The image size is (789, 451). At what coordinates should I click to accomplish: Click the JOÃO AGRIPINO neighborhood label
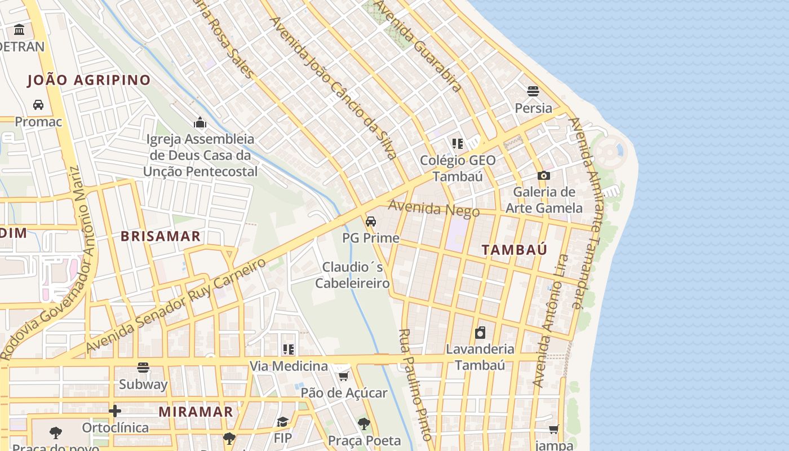pyautogui.click(x=89, y=80)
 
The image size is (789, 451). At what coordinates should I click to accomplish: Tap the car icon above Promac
pyautogui.click(x=38, y=104)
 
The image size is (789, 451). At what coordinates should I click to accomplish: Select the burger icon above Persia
pyautogui.click(x=533, y=91)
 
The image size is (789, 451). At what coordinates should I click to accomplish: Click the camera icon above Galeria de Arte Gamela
pyautogui.click(x=544, y=175)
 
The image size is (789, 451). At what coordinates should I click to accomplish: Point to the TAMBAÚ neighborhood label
pyautogui.click(x=514, y=250)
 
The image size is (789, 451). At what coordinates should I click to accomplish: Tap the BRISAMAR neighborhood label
pyautogui.click(x=161, y=236)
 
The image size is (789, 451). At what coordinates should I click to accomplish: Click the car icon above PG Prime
pyautogui.click(x=371, y=222)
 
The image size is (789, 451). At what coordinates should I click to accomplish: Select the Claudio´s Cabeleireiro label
pyautogui.click(x=352, y=275)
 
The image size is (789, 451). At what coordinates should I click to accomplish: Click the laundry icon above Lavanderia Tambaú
pyautogui.click(x=480, y=333)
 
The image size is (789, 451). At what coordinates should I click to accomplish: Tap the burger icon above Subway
pyautogui.click(x=143, y=368)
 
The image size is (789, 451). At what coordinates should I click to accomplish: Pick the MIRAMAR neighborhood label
pyautogui.click(x=196, y=412)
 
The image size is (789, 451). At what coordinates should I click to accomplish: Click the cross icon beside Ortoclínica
pyautogui.click(x=115, y=411)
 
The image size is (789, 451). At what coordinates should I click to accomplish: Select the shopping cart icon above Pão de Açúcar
pyautogui.click(x=344, y=375)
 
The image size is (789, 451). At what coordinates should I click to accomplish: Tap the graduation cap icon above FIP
pyautogui.click(x=282, y=422)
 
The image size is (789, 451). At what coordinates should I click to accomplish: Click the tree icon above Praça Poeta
pyautogui.click(x=364, y=423)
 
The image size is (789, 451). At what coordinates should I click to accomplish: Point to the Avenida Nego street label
pyautogui.click(x=433, y=209)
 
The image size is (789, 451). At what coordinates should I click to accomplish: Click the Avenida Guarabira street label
pyautogui.click(x=418, y=46)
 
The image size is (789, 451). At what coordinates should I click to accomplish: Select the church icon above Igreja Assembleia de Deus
pyautogui.click(x=200, y=122)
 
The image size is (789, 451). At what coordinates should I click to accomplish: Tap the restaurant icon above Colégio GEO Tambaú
pyautogui.click(x=457, y=144)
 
